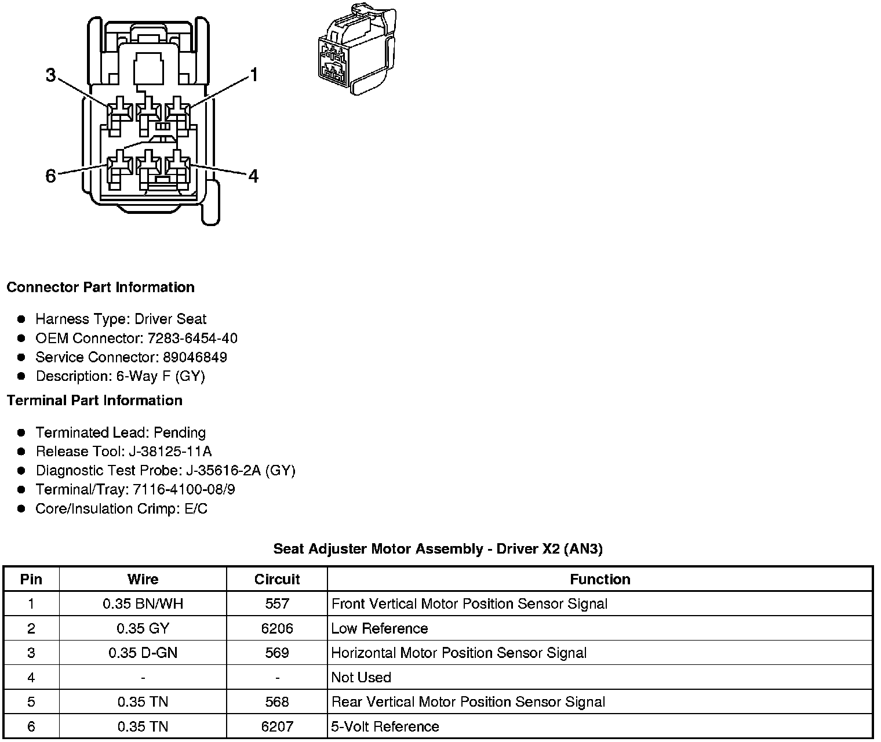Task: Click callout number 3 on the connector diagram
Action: click(51, 75)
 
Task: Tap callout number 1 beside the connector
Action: click(253, 75)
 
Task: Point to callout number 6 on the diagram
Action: click(51, 176)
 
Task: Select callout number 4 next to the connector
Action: click(253, 176)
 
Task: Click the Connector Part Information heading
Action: click(100, 288)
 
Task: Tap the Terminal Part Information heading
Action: click(94, 401)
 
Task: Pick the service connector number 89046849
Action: click(195, 357)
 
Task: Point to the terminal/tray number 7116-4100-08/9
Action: click(184, 489)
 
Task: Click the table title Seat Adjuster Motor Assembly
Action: click(438, 549)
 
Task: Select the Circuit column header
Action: click(277, 579)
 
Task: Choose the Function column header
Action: click(600, 579)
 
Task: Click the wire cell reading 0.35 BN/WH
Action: click(143, 604)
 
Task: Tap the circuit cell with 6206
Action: click(277, 628)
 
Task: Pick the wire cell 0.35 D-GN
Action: click(143, 653)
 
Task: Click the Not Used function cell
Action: click(361, 677)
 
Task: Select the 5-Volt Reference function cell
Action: click(385, 726)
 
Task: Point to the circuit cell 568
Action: click(277, 702)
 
